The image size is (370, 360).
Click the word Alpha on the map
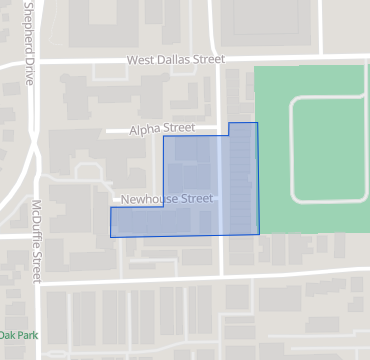click(x=148, y=130)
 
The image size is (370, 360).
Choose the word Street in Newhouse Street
click(x=198, y=199)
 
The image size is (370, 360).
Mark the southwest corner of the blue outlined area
click(x=110, y=237)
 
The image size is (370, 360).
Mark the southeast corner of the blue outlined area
click(x=259, y=234)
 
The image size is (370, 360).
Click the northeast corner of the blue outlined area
click(x=257, y=123)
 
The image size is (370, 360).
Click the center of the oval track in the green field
click(x=330, y=150)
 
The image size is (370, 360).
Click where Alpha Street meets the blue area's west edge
click(x=163, y=132)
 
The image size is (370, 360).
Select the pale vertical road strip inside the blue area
click(x=221, y=185)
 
